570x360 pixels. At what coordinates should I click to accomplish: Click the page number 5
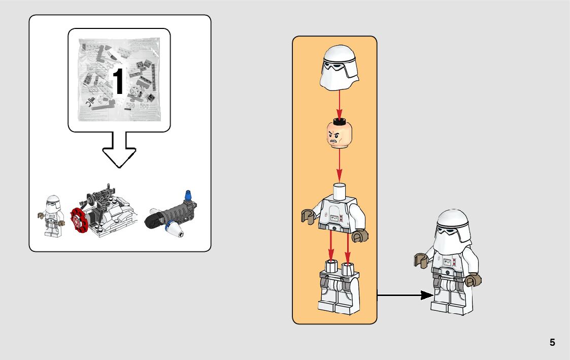(x=552, y=343)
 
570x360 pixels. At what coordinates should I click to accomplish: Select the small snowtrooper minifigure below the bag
(x=52, y=216)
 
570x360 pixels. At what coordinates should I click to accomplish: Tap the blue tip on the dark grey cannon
(x=189, y=195)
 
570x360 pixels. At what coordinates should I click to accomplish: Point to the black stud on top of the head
(x=339, y=121)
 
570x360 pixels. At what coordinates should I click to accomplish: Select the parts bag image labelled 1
(x=119, y=81)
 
